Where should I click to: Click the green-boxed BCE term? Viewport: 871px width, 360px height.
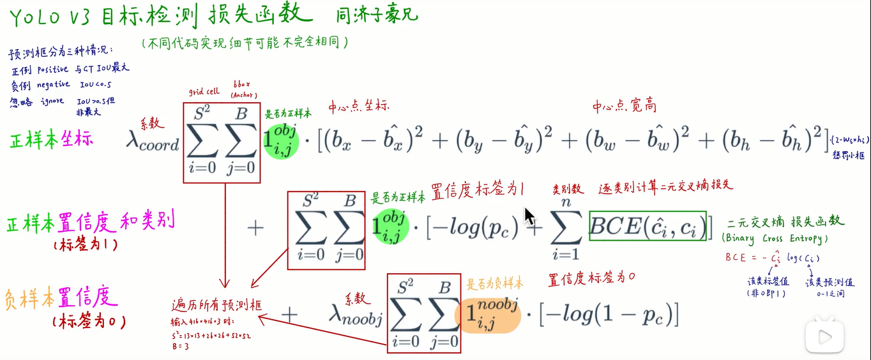pos(647,227)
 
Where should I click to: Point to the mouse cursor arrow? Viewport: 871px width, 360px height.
pos(529,217)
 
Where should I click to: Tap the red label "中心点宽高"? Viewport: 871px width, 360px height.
pos(624,105)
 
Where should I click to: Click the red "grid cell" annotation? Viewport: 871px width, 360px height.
pos(204,91)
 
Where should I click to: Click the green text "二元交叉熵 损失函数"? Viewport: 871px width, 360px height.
pos(785,221)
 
